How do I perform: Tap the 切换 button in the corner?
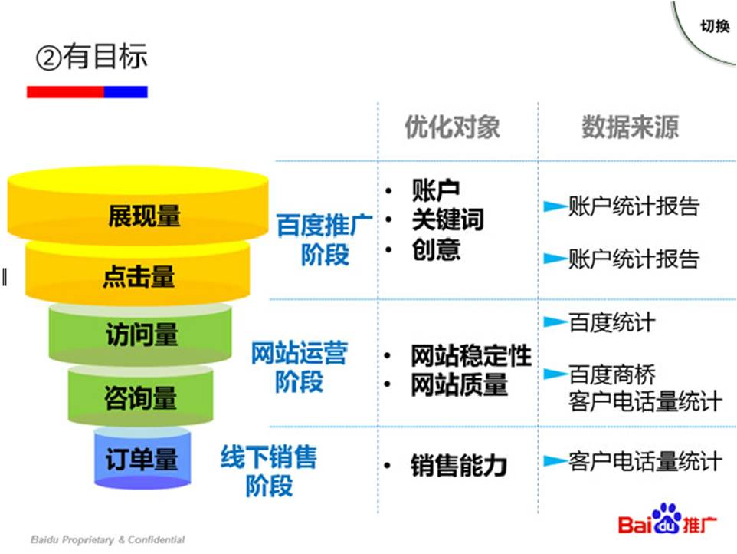[714, 27]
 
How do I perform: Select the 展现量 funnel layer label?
[144, 216]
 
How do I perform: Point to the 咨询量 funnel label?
[141, 397]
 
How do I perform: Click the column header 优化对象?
[452, 127]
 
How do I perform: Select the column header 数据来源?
[630, 127]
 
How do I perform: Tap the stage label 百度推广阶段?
[325, 239]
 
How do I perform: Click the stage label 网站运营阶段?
[300, 367]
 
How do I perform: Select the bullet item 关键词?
[447, 220]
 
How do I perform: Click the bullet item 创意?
[436, 250]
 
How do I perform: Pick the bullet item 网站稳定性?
[470, 356]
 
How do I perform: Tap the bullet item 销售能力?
[458, 466]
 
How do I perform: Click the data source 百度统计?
[611, 322]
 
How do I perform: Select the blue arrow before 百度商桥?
[555, 374]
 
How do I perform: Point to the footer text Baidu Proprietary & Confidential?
[108, 539]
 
